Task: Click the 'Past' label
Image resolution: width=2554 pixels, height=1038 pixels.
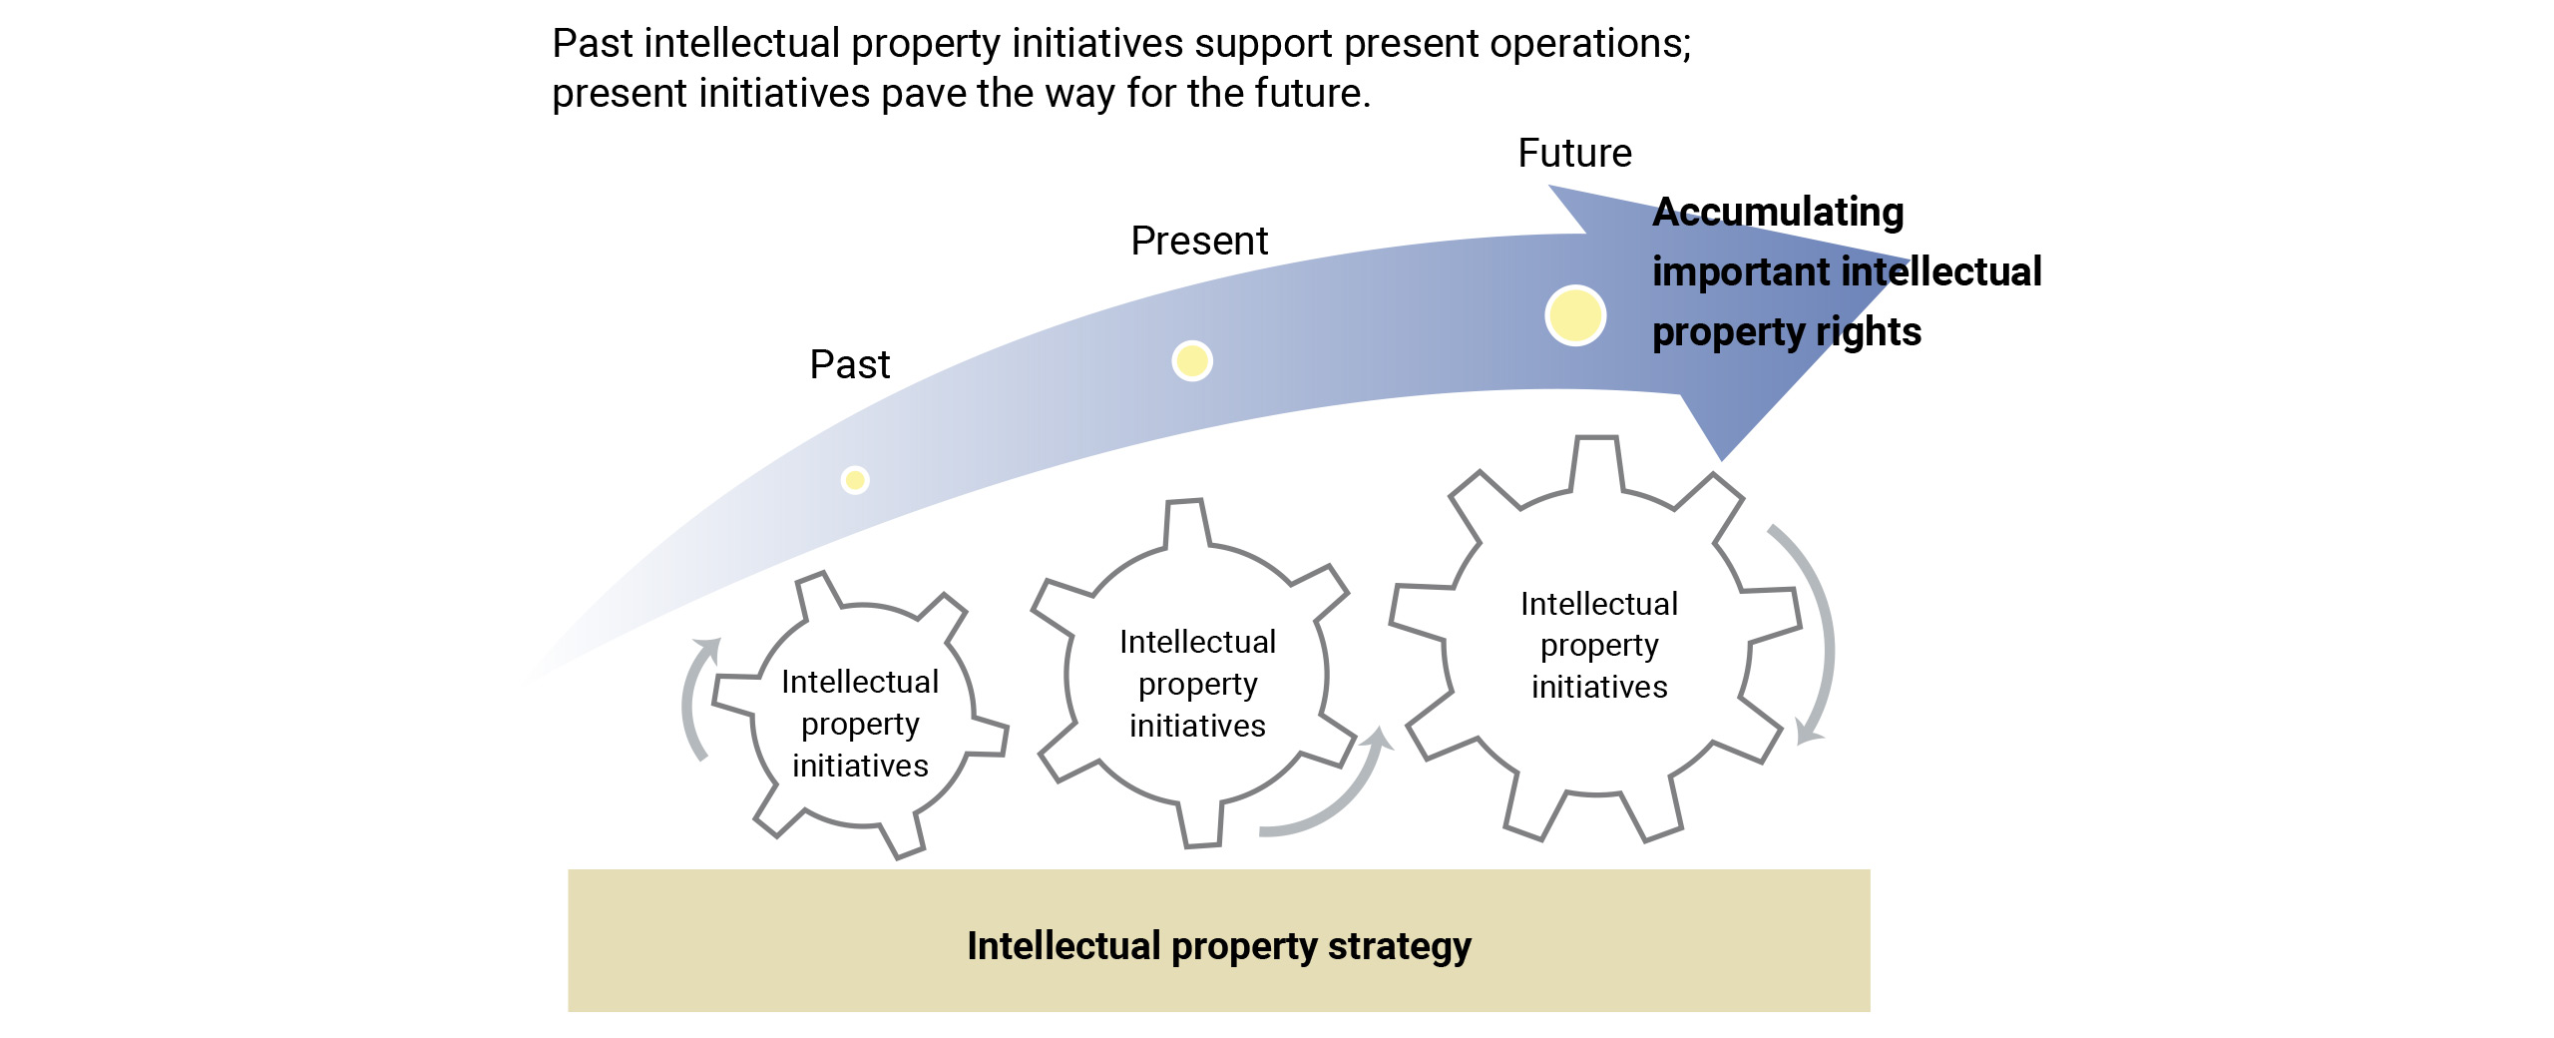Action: tap(849, 365)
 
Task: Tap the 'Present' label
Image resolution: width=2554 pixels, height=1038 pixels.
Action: tap(1198, 242)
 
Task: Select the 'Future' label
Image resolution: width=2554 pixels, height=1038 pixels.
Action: tap(1574, 154)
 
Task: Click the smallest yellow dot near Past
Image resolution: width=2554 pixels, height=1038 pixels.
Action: tap(855, 480)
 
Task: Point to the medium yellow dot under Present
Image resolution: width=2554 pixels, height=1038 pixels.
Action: tap(1192, 360)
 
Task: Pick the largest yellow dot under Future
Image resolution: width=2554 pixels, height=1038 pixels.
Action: tap(1575, 315)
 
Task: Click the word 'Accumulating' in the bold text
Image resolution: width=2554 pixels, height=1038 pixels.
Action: tap(1778, 213)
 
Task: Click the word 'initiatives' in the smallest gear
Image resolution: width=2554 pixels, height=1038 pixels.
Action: tap(860, 766)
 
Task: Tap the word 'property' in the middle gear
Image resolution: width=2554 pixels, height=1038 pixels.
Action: tap(1197, 685)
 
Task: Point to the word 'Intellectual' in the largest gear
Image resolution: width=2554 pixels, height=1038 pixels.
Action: tap(1599, 604)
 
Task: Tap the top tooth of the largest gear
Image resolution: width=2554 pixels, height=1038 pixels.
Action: tap(1596, 461)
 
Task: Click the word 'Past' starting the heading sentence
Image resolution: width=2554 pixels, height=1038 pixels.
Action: tap(593, 44)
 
